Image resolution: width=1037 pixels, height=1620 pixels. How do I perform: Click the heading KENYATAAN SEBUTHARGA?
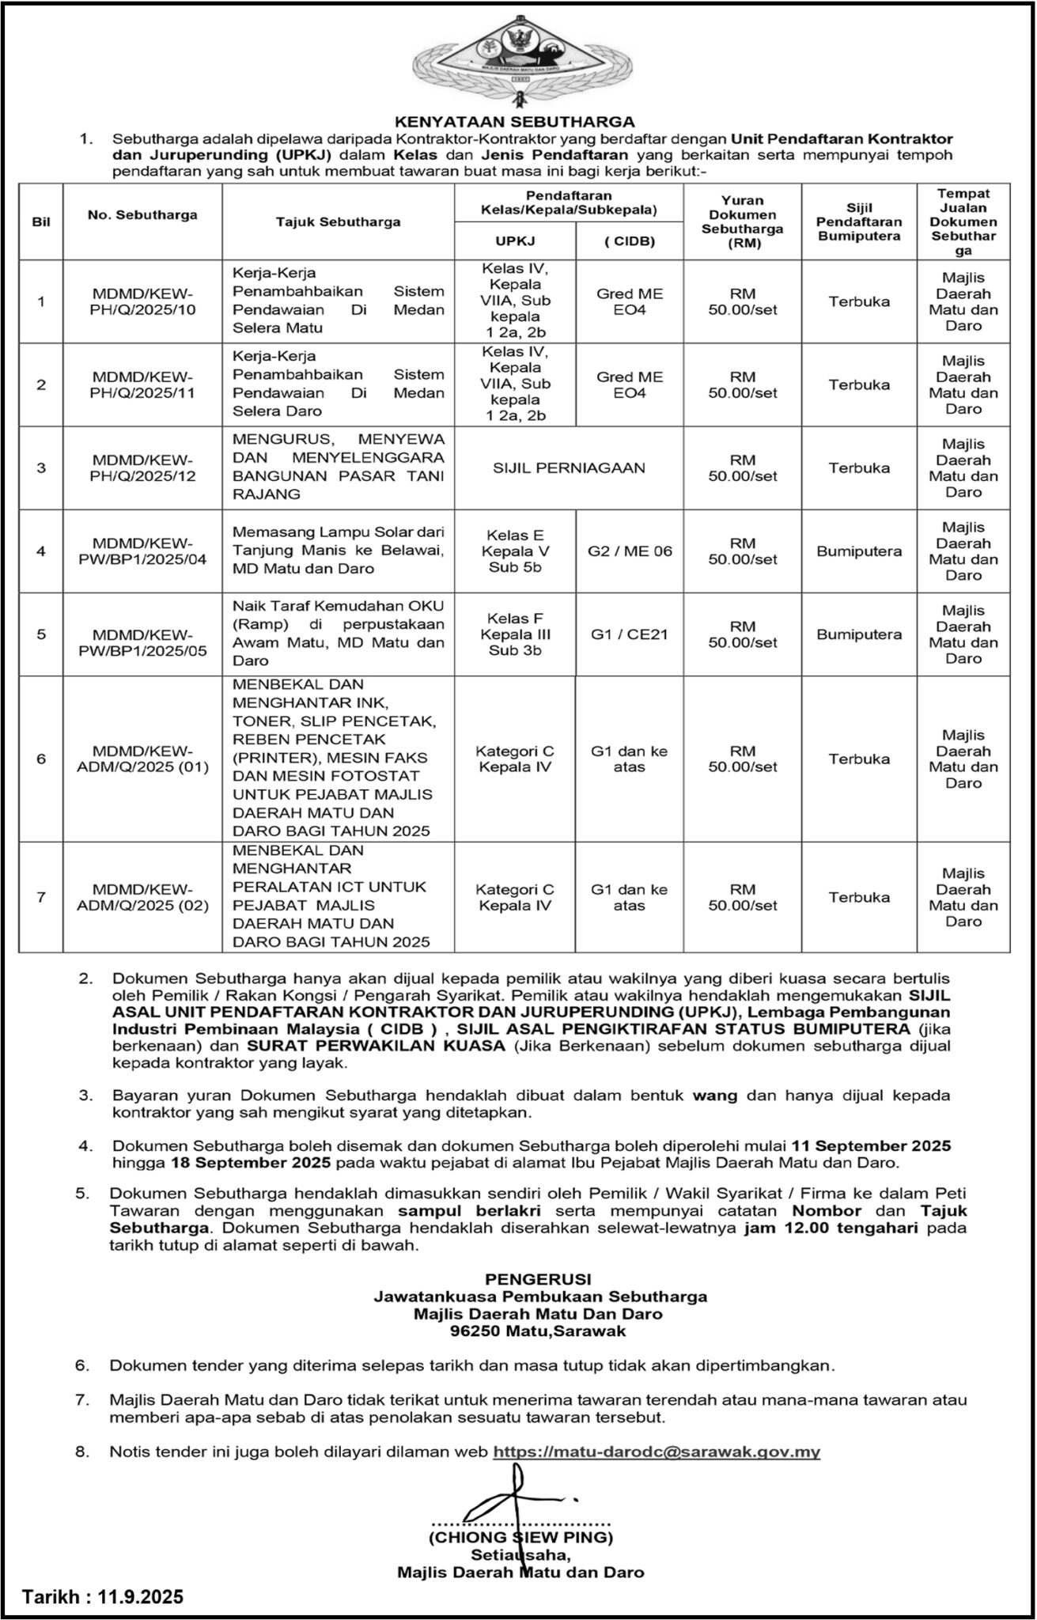coord(515,122)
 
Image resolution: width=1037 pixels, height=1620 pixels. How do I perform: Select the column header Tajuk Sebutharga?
coord(338,222)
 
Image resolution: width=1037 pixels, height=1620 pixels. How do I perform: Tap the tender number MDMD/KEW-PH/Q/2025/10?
coord(142,301)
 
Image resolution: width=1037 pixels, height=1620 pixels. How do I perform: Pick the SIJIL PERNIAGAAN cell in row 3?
coord(570,467)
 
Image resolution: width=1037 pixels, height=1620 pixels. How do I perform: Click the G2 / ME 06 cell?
coord(630,551)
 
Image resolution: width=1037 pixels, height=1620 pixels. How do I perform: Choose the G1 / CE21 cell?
coord(630,634)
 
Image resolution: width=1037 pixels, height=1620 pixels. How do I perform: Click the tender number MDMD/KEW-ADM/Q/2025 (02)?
coord(142,897)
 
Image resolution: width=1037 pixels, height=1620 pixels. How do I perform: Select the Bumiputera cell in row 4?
coord(859,551)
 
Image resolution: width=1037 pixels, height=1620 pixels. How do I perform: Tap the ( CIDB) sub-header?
coord(630,241)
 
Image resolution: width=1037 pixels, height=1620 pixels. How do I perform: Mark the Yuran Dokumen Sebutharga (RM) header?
coord(743,222)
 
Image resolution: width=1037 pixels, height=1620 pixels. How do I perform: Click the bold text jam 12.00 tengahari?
coord(831,1228)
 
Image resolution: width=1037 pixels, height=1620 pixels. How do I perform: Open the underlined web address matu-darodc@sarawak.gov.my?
coord(657,1452)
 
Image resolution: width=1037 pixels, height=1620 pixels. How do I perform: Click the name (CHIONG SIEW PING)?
coord(520,1538)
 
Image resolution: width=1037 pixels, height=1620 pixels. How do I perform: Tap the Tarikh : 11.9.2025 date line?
coord(103,1597)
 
